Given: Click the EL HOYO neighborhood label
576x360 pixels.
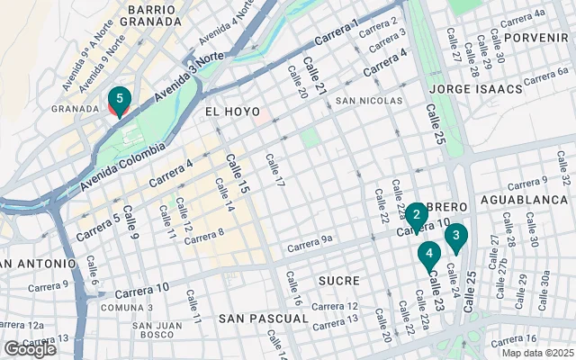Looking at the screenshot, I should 225,112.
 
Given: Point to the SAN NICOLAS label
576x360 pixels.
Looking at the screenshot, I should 369,101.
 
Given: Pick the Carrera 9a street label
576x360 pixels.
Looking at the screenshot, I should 310,243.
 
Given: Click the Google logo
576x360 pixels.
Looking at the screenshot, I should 30,349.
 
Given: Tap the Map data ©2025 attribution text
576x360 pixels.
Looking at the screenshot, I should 537,353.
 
